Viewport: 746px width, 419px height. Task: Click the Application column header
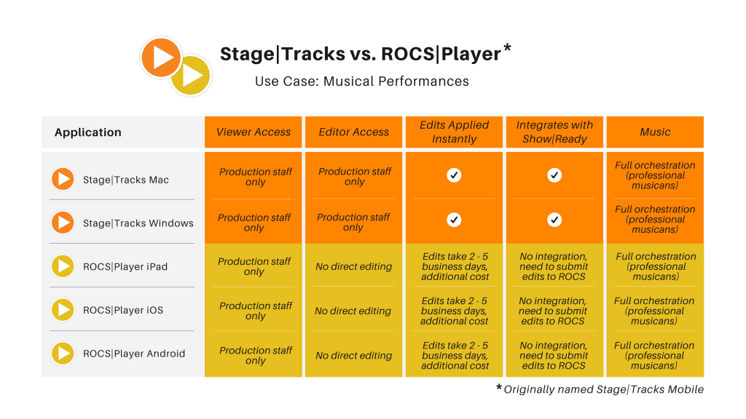click(x=88, y=132)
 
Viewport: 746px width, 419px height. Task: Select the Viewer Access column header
click(x=254, y=132)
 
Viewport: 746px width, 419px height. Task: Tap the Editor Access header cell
click(x=354, y=132)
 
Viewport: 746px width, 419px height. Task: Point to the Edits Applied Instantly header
click(x=455, y=132)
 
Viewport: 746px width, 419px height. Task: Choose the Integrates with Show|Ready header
click(x=554, y=132)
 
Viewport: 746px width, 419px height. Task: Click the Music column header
click(x=655, y=132)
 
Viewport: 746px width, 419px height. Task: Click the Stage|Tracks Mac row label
click(x=126, y=180)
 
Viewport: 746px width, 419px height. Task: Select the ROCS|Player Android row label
click(x=134, y=354)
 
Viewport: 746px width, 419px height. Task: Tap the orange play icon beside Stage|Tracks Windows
click(x=63, y=223)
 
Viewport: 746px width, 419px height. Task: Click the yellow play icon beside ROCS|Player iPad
click(x=63, y=266)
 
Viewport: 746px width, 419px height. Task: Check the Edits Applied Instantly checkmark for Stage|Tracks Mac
click(x=455, y=175)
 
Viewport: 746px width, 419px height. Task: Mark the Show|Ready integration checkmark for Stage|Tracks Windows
click(x=554, y=220)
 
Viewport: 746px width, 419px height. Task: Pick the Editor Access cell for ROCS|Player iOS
click(x=353, y=311)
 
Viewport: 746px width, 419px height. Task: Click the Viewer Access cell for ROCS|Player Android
click(x=256, y=355)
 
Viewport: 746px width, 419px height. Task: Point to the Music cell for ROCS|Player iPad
click(x=656, y=266)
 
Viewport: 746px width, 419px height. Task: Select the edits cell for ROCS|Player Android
click(x=455, y=355)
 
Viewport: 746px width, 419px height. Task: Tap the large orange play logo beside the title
click(x=161, y=57)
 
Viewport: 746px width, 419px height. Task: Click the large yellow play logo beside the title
click(x=191, y=75)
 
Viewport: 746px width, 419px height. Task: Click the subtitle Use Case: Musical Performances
click(x=362, y=81)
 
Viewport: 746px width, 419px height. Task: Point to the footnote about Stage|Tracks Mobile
click(x=600, y=389)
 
